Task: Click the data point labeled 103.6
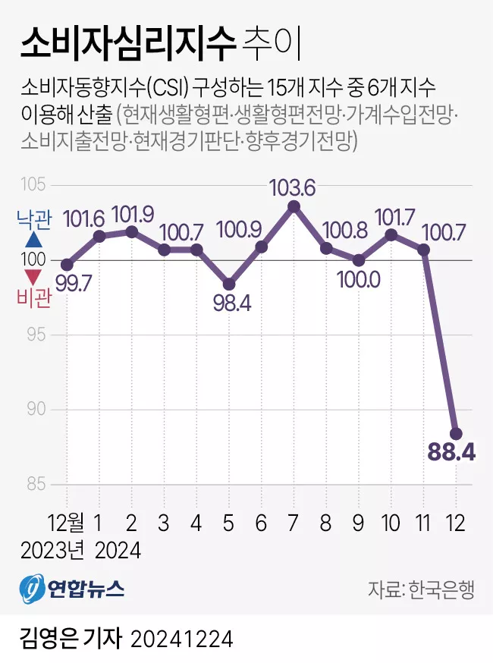[294, 206]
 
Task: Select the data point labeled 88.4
[456, 433]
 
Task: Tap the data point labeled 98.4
[229, 284]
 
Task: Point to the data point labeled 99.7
[67, 265]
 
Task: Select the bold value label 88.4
[451, 454]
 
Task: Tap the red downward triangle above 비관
[34, 277]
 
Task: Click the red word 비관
[34, 298]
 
